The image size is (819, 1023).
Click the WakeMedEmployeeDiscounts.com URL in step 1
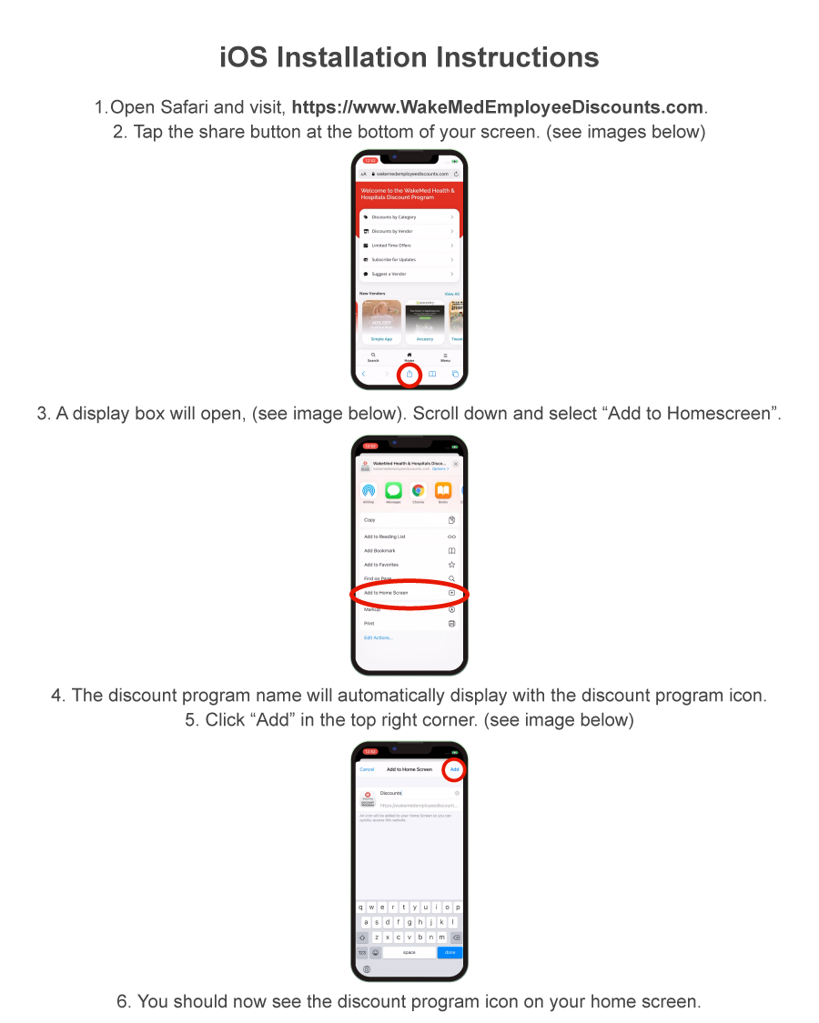tap(498, 107)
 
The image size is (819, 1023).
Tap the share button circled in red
tap(409, 374)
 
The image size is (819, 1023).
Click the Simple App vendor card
tap(381, 322)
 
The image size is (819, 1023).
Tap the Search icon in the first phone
tap(373, 356)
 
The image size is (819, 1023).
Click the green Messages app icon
tap(393, 491)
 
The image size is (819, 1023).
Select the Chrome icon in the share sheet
tap(418, 491)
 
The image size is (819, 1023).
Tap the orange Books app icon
tap(442, 491)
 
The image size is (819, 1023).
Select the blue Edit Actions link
tap(379, 637)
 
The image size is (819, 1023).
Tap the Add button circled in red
tap(454, 769)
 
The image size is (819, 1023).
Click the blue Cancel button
tap(367, 769)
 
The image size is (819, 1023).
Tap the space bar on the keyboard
tap(409, 952)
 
